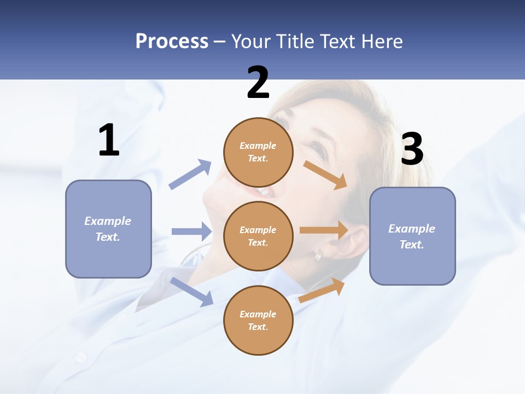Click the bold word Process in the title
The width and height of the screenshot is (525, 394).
click(x=172, y=42)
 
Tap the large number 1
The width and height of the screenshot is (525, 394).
click(x=109, y=141)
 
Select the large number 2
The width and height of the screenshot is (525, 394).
click(x=258, y=83)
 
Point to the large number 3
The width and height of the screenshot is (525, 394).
click(x=412, y=149)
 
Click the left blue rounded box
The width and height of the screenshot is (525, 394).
click(x=108, y=229)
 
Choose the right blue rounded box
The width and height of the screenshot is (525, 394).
click(x=412, y=236)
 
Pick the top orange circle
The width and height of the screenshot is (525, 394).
click(x=258, y=152)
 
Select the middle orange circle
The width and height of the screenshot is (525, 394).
click(x=258, y=236)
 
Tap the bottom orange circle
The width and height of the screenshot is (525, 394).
click(x=258, y=320)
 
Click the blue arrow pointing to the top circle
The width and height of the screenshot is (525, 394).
click(x=190, y=175)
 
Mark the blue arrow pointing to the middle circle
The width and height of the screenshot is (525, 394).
click(x=191, y=231)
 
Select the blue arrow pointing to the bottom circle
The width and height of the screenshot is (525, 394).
click(x=191, y=291)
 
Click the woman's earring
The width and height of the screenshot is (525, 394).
click(x=317, y=255)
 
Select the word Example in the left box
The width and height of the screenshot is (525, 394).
click(x=108, y=221)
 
